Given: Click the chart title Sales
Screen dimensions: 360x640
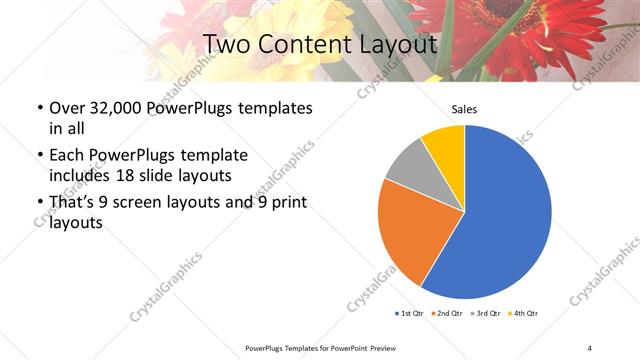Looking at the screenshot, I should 464,109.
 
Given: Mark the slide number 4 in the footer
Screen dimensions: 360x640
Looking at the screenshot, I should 590,347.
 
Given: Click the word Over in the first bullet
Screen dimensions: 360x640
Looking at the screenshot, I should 68,108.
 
